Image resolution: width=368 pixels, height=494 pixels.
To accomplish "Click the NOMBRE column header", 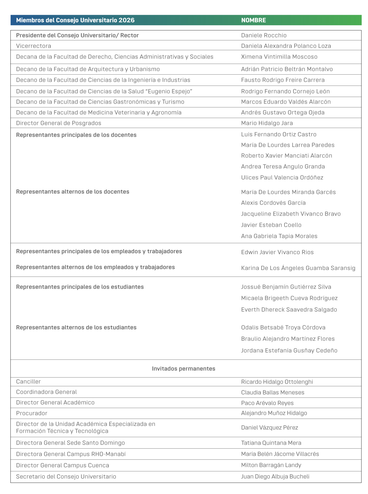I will (253, 20).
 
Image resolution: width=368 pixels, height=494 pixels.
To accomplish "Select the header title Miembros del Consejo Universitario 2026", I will (75, 20).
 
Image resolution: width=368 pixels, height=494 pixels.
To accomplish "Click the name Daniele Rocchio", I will (264, 35).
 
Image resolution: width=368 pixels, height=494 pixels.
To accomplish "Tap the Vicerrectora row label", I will (34, 46).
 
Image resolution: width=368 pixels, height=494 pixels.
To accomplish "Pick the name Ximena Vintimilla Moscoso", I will (279, 57).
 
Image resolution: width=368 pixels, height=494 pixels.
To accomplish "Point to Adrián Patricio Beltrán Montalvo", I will (287, 69).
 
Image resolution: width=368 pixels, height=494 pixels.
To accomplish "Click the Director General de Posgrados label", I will (58, 123).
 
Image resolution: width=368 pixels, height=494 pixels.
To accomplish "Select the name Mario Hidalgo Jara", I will (267, 123).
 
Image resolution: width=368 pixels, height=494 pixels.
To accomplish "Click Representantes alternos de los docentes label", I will (73, 192).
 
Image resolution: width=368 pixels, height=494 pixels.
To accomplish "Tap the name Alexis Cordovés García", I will (273, 203).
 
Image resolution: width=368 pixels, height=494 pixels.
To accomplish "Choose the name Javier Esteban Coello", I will (271, 225).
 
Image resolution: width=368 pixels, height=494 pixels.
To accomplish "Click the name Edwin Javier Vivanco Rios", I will (277, 252).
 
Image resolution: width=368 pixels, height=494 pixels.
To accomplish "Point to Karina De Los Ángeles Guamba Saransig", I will (298, 268).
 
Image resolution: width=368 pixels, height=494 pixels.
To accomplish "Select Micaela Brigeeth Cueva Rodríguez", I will (289, 298).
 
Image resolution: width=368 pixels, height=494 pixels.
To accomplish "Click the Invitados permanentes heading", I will (184, 369).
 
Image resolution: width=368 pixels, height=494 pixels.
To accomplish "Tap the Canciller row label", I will (28, 382).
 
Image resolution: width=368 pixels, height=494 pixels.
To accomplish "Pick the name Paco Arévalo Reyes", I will (267, 403).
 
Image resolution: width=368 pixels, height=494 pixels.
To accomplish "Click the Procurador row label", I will (32, 413).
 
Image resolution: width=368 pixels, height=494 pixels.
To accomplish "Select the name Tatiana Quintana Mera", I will (271, 443).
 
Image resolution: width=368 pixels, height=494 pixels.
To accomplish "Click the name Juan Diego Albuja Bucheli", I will (275, 477).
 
